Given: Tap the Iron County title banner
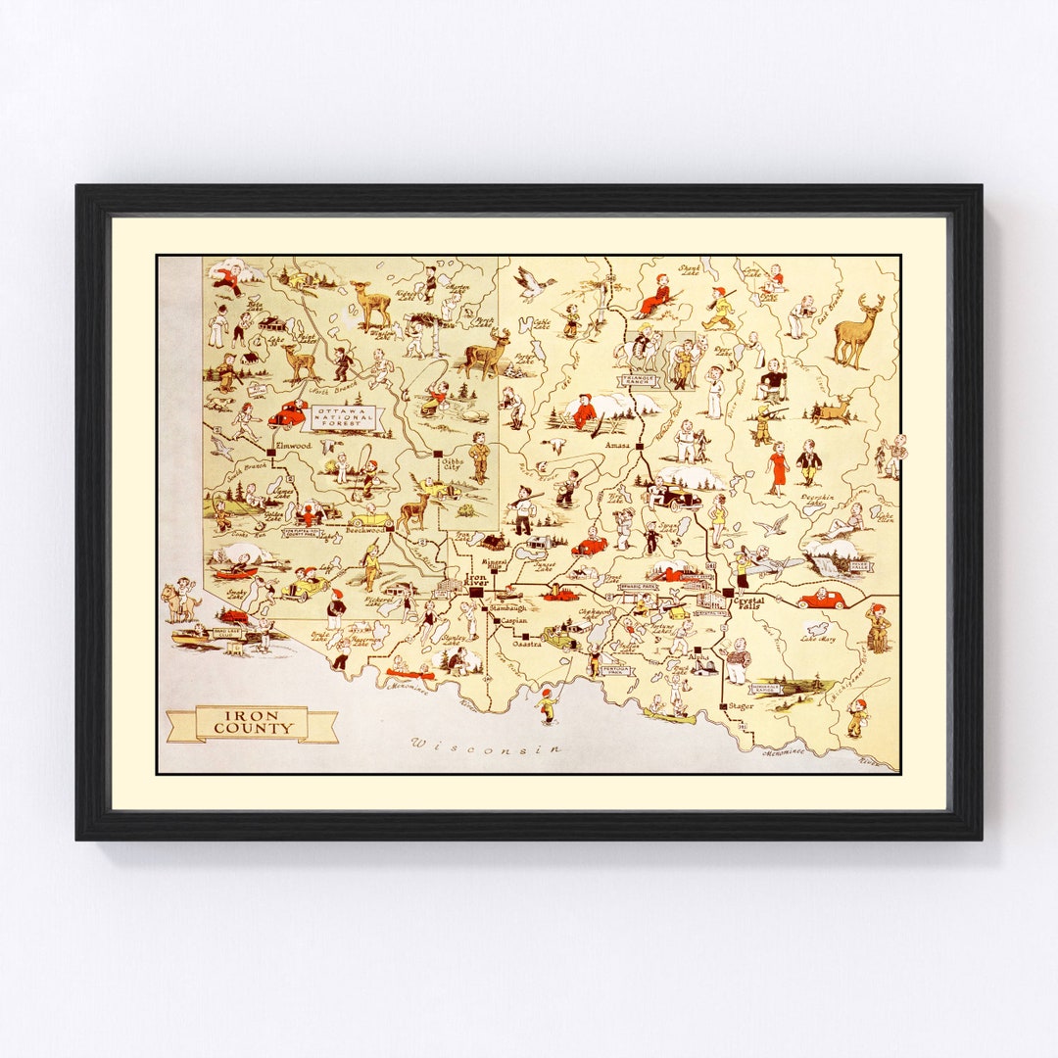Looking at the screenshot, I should pos(253,723).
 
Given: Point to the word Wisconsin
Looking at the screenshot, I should pos(487,746).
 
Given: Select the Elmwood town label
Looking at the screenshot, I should pos(293,446).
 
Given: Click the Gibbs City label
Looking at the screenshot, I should pos(451,462).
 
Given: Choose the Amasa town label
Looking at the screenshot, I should pos(617,446).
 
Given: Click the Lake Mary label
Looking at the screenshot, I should pos(816,639).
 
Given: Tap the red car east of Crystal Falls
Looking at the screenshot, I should pos(821,598).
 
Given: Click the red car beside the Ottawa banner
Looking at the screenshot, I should pos(287,413).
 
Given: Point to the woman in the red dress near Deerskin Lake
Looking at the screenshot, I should pos(777,467).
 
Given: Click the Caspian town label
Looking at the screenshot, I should pos(513,621).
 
